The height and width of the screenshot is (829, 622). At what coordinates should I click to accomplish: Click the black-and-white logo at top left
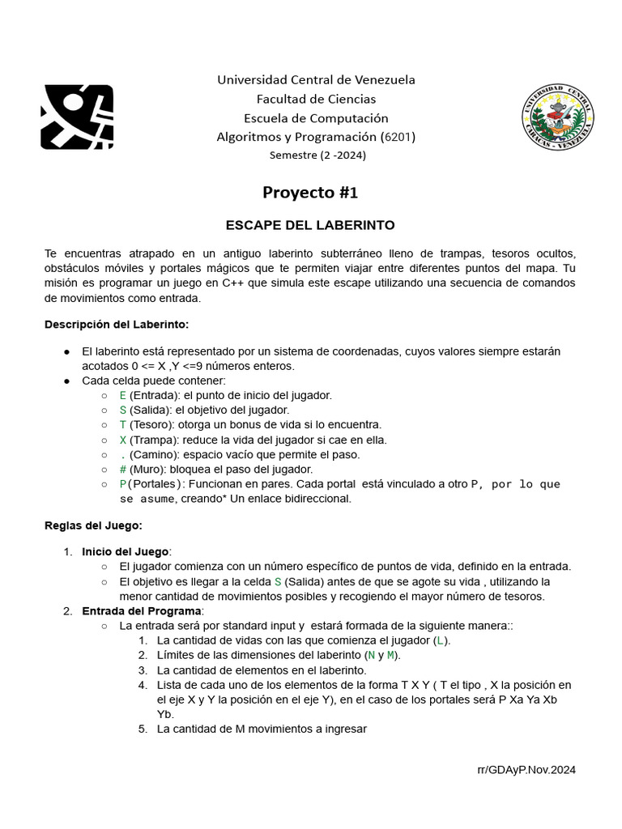tap(77, 117)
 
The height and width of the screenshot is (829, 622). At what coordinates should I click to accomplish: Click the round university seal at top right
tap(557, 117)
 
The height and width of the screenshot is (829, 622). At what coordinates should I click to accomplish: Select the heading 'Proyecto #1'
tap(310, 193)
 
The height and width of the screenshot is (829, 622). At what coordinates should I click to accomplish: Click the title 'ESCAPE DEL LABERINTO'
tap(309, 224)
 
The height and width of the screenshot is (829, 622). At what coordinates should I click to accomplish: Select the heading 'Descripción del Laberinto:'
tap(117, 325)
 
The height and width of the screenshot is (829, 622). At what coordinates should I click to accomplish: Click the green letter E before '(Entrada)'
tap(123, 395)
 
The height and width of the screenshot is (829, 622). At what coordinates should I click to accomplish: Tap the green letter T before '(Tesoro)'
tap(123, 425)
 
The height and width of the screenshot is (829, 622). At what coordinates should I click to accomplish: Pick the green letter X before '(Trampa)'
tap(123, 440)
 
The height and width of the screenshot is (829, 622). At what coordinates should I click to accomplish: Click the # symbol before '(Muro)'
tap(123, 470)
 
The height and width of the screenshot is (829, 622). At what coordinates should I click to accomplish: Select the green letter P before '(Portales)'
tap(123, 484)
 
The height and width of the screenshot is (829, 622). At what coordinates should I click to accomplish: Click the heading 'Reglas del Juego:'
tap(93, 525)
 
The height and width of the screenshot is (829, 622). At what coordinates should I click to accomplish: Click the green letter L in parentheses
tap(440, 640)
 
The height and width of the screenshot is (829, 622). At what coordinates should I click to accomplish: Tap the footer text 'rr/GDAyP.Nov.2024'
tap(526, 771)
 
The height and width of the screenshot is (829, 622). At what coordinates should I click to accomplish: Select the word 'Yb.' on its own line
tap(166, 715)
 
